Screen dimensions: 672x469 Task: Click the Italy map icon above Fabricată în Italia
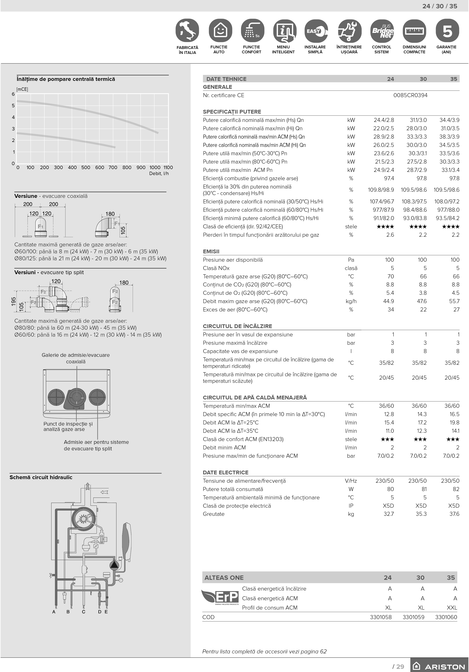pos(187,31)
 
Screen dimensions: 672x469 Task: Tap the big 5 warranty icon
pos(447,31)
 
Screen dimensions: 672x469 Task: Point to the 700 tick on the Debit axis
pos(113,168)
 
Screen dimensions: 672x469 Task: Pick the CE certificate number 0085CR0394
pos(410,95)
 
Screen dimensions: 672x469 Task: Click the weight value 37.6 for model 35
pos(454,514)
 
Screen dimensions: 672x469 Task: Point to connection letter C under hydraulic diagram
pos(84,612)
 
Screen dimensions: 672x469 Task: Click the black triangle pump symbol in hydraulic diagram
pos(114,565)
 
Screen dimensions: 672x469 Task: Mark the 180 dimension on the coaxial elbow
pos(110,214)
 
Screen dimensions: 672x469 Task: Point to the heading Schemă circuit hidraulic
pos(41,477)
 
